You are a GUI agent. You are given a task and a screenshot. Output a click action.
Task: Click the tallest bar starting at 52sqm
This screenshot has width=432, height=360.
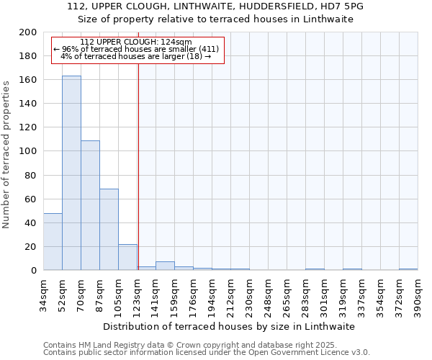coord(71,173)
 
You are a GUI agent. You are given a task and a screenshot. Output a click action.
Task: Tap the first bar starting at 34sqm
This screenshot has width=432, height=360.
coord(53,242)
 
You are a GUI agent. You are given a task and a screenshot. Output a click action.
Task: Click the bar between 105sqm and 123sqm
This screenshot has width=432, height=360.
coord(127,257)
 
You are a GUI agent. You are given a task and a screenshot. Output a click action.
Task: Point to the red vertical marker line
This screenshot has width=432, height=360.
coord(138,166)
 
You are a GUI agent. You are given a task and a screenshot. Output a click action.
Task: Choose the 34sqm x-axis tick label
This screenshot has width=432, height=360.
coord(43,293)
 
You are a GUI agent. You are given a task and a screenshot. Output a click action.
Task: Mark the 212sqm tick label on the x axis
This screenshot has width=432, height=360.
coord(230,293)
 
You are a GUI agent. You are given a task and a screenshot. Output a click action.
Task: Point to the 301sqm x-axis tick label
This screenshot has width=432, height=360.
coord(324,293)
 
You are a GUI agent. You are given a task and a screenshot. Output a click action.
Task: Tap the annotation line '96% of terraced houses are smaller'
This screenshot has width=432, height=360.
coord(136,49)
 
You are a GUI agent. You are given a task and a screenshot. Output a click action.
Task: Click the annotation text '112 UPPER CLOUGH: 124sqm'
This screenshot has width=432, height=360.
coord(136,42)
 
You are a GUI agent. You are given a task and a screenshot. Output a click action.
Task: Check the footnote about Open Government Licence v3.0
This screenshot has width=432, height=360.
coord(207,352)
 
